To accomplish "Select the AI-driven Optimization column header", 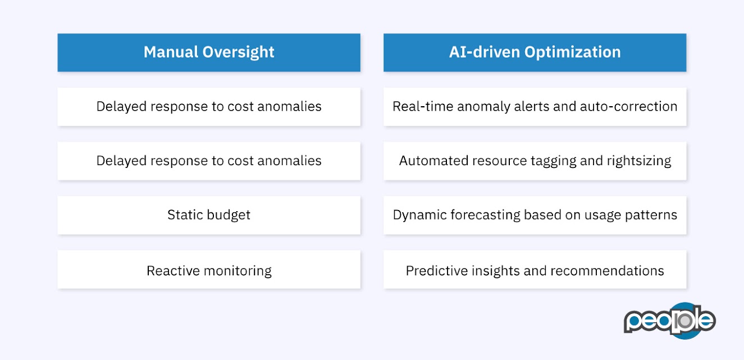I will pyautogui.click(x=535, y=52).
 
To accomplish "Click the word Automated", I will pyautogui.click(x=428, y=161).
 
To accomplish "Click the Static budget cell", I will pyautogui.click(x=209, y=215).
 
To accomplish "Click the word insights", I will pyautogui.click(x=496, y=271).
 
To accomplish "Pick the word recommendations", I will pyautogui.click(x=608, y=271).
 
